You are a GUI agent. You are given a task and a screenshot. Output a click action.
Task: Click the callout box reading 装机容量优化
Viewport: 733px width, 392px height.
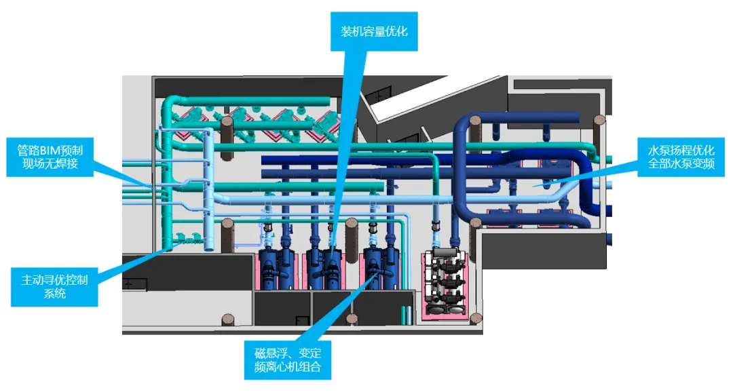point(374,31)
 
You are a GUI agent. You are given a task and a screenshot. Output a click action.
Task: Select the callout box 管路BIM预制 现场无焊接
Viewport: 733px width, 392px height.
point(50,157)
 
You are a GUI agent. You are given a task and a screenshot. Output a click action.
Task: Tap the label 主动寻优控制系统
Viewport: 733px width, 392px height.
point(54,286)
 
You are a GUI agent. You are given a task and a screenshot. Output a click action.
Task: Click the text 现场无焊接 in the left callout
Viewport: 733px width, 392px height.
point(50,165)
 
